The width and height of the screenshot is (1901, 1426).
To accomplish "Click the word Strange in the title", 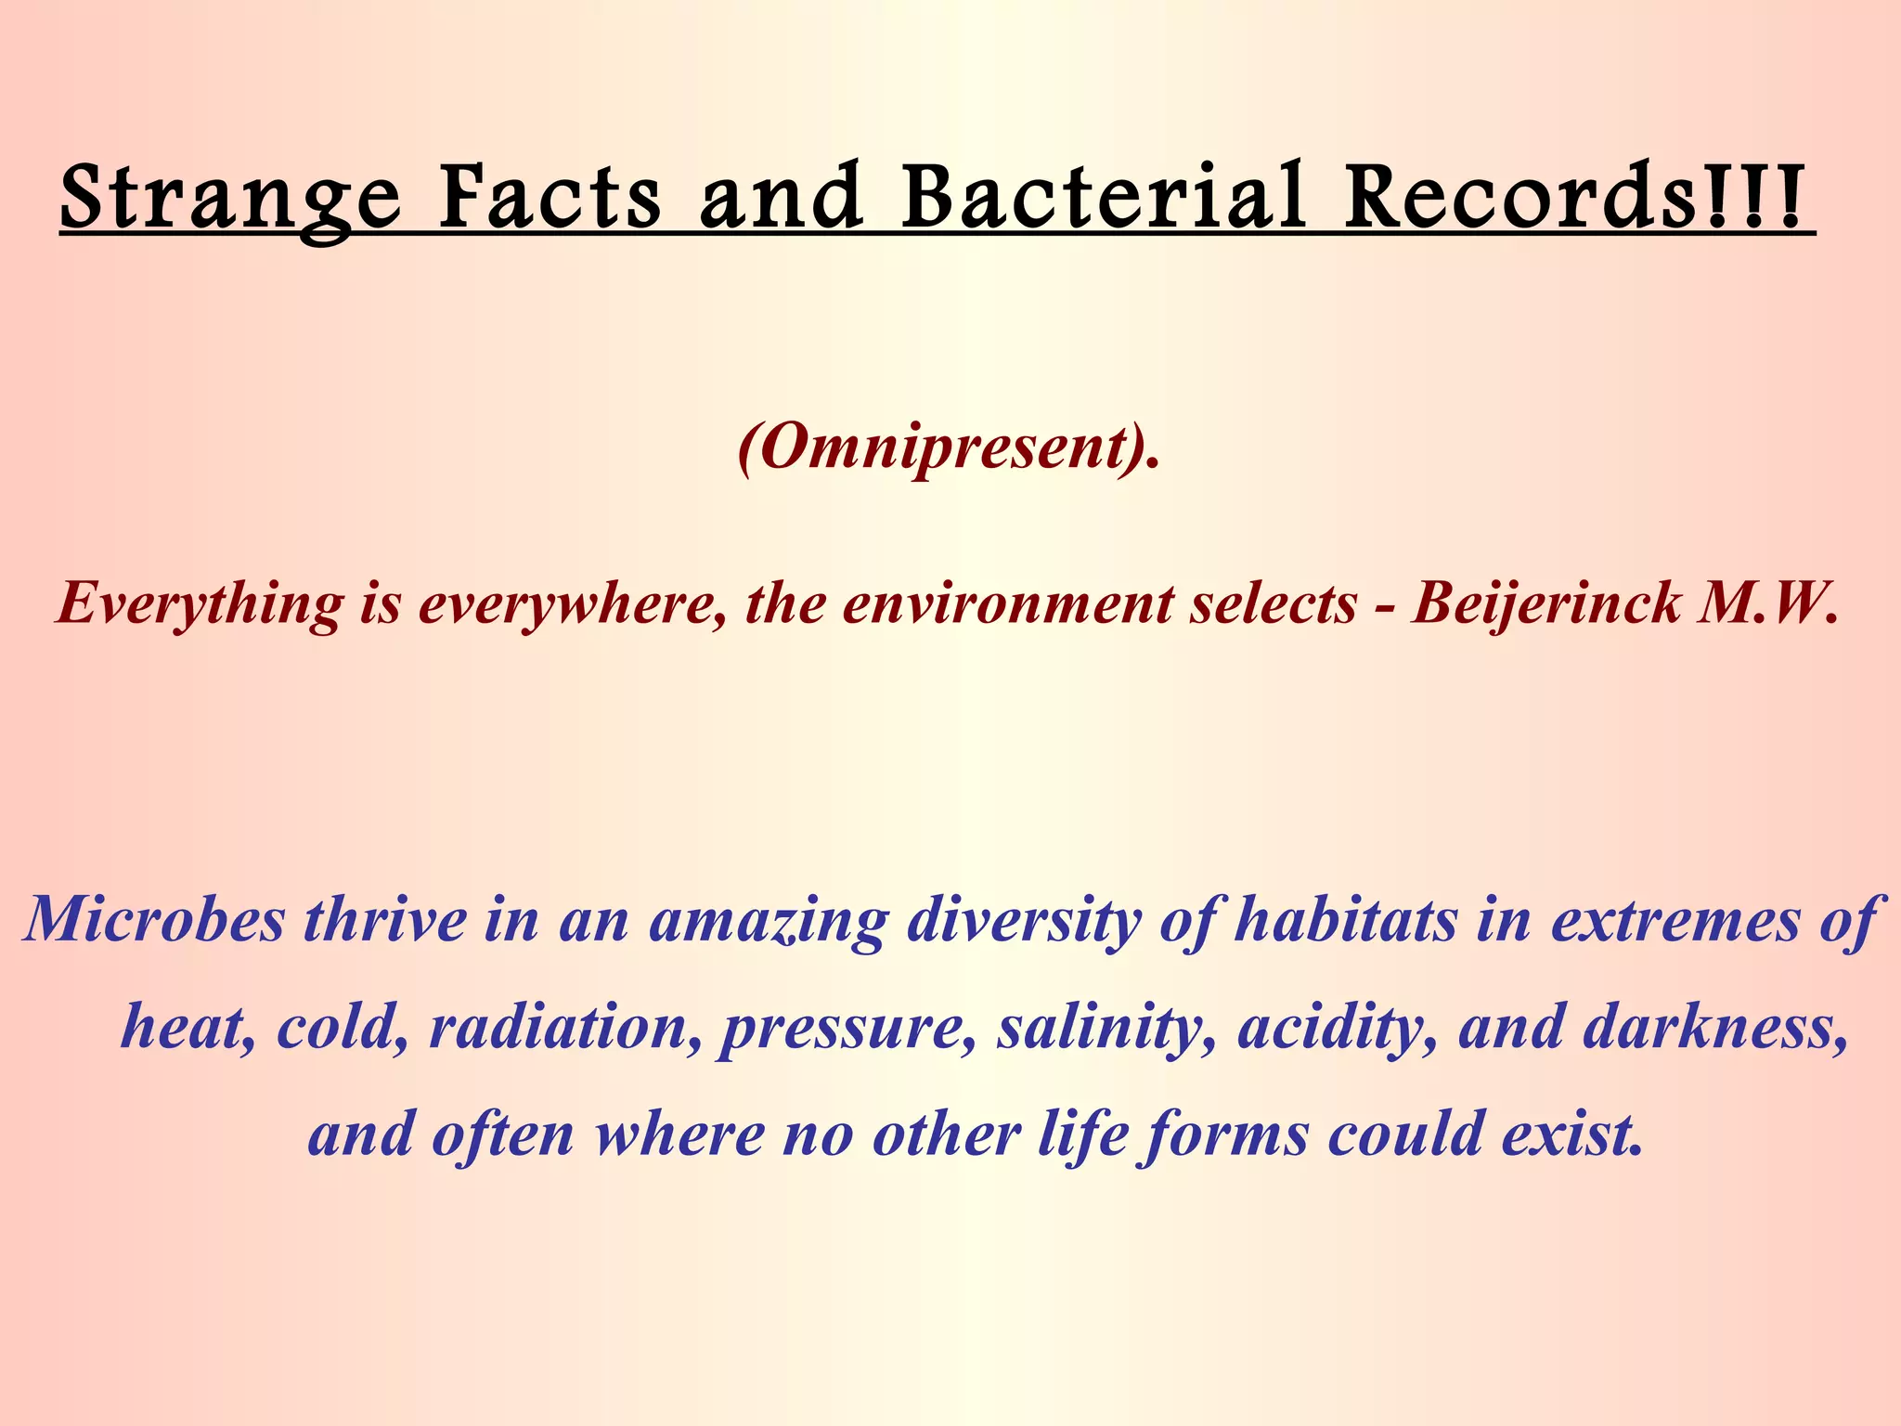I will point(230,197).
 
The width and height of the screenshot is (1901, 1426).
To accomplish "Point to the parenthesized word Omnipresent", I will point(948,447).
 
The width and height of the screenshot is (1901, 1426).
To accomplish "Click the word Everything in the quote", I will point(198,605).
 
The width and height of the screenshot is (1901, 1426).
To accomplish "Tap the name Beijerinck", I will point(1545,603).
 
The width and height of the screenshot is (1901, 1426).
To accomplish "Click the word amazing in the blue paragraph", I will point(768,921).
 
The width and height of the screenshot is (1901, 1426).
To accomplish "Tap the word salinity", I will point(1105,1029).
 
